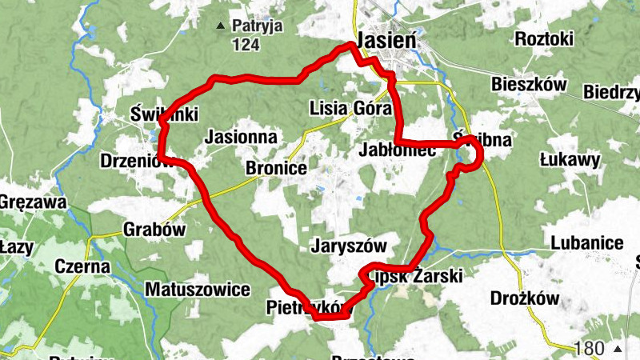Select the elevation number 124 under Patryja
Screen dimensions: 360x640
(246, 45)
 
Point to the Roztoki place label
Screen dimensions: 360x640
(545, 39)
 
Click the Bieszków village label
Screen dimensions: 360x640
(529, 85)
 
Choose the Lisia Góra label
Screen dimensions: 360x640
(350, 109)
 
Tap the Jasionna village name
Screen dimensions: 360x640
(241, 138)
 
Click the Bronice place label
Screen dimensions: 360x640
(276, 169)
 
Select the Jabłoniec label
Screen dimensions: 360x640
(398, 150)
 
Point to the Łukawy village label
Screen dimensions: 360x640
(570, 160)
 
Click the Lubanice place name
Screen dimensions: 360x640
(586, 242)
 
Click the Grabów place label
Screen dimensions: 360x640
(154, 230)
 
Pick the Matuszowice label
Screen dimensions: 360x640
(198, 289)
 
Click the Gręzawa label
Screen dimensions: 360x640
(32, 202)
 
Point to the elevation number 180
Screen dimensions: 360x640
(590, 349)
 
